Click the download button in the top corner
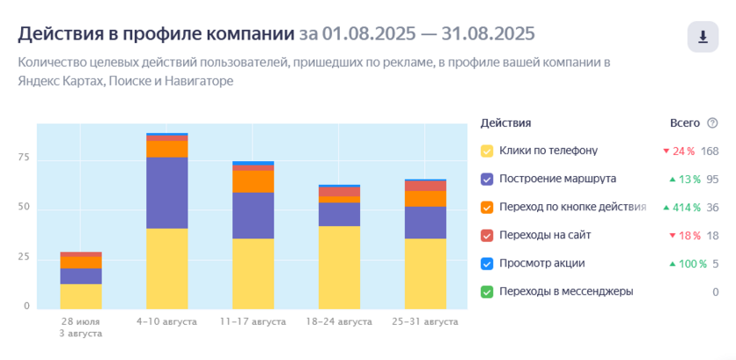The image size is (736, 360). [x=702, y=37]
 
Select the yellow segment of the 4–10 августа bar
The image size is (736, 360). [x=167, y=267]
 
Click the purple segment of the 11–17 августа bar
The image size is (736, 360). [x=253, y=215]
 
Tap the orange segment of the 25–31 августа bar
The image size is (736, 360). [x=425, y=199]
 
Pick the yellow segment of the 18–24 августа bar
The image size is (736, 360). [x=339, y=266]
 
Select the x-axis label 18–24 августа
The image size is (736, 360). [x=339, y=322]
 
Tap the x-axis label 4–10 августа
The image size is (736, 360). [x=167, y=322]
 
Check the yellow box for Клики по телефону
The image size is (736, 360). [x=487, y=151]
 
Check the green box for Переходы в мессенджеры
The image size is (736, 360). [x=487, y=292]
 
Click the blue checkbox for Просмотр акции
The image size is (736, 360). [x=487, y=264]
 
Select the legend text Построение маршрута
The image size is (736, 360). [x=557, y=179]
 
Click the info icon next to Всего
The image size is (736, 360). [x=712, y=123]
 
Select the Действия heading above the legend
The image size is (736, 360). [x=506, y=123]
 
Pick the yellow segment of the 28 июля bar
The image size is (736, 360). [x=81, y=296]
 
